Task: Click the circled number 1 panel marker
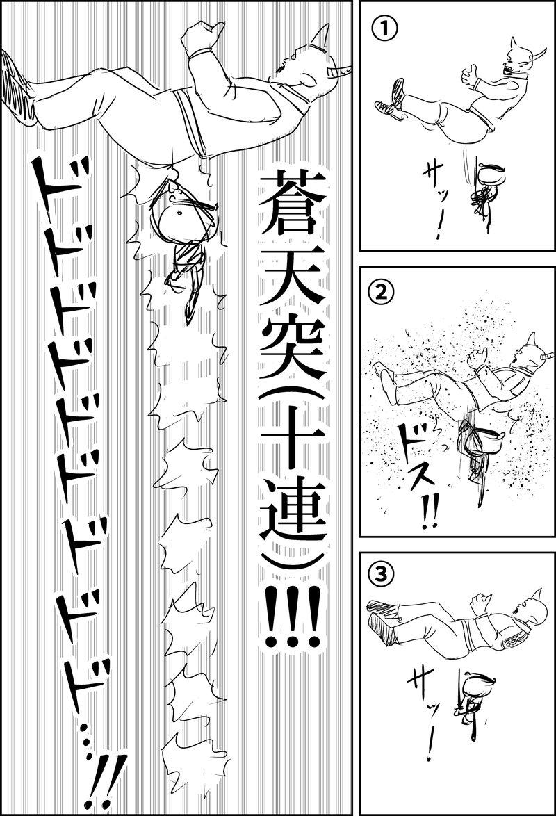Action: pyautogui.click(x=380, y=28)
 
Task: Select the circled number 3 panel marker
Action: pyautogui.click(x=380, y=573)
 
